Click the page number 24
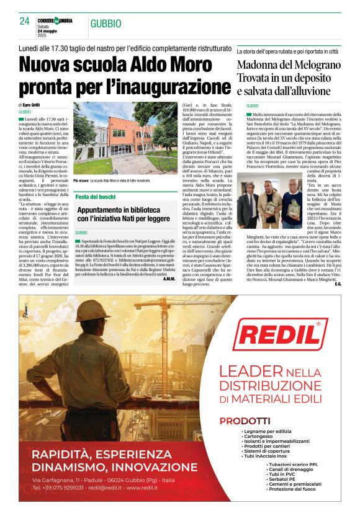(25, 21)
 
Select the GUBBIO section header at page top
(106, 24)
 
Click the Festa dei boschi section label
(96, 197)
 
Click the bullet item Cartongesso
(260, 436)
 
